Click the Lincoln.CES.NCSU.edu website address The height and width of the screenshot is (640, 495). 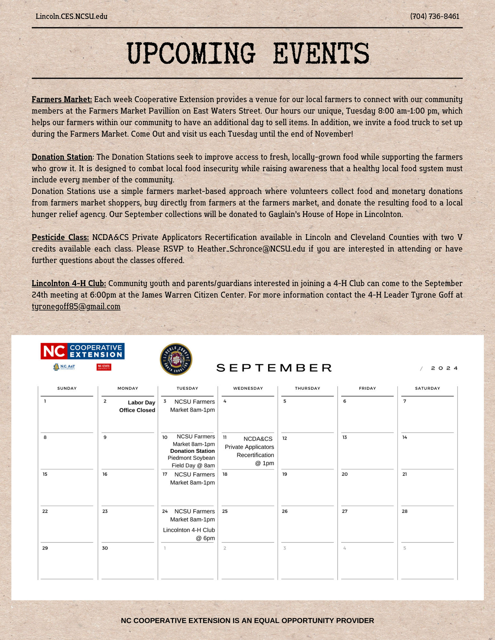(x=71, y=16)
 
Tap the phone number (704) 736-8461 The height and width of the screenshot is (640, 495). (x=434, y=16)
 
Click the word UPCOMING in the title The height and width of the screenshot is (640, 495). (x=191, y=53)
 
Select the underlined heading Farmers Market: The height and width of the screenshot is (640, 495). (x=62, y=100)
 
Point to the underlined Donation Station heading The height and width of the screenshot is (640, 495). (x=62, y=157)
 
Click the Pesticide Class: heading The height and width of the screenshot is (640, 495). (x=60, y=237)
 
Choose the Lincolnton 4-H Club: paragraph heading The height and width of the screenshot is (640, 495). (x=69, y=284)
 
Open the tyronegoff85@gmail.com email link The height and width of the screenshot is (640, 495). (x=76, y=307)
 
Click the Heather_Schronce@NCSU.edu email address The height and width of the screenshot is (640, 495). (x=251, y=249)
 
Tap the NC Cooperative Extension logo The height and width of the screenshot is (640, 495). (x=82, y=351)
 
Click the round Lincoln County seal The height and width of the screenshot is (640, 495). (x=176, y=359)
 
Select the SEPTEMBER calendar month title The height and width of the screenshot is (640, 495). (x=274, y=368)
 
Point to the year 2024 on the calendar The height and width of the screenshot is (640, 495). (x=444, y=368)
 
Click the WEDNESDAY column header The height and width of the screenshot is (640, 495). (x=248, y=388)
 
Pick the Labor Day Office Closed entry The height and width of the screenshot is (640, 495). (x=137, y=406)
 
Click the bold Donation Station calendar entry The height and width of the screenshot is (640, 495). (x=192, y=451)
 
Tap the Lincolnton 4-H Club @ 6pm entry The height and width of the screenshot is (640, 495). (x=189, y=534)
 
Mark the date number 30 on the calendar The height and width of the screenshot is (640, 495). (x=105, y=548)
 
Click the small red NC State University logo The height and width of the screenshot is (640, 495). (x=104, y=367)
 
